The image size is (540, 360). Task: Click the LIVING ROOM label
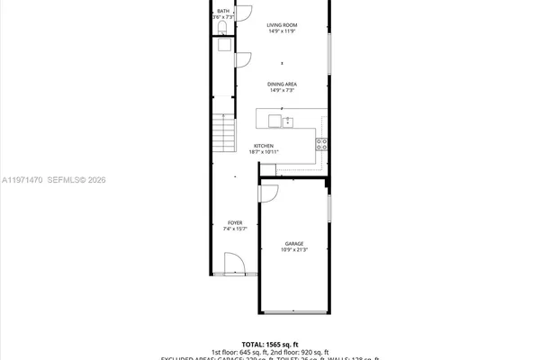(x=283, y=25)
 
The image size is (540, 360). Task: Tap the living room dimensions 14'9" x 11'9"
(x=283, y=31)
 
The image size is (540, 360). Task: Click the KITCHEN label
(x=263, y=146)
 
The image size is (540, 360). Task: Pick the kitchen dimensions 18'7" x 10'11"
(x=264, y=152)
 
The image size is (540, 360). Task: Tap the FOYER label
(x=235, y=222)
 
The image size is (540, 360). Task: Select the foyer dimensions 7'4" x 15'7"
(x=235, y=229)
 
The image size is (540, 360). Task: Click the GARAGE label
(x=294, y=243)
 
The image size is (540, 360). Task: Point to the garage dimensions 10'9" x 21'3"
(x=294, y=249)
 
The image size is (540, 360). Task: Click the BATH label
(x=222, y=11)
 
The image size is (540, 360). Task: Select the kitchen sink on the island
(x=288, y=121)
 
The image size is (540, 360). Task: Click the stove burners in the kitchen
(x=322, y=142)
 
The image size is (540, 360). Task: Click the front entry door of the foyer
(x=233, y=265)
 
